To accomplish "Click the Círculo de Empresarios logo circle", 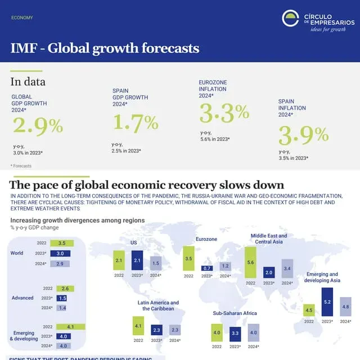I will pyautogui.click(x=290, y=19).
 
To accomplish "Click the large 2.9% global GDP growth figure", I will pyautogui.click(x=38, y=125).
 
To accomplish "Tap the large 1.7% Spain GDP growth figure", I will pyautogui.click(x=136, y=121).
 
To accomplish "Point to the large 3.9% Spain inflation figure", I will pyautogui.click(x=304, y=135).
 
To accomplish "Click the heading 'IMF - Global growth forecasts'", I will pyautogui.click(x=105, y=48).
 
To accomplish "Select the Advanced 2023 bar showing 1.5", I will pyautogui.click(x=62, y=298).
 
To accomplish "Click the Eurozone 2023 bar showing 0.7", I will pyautogui.click(x=206, y=268).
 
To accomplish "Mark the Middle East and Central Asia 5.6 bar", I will pyautogui.click(x=251, y=263).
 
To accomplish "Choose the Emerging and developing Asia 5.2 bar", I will pyautogui.click(x=327, y=302).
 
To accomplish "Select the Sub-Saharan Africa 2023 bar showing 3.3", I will pyautogui.click(x=235, y=334).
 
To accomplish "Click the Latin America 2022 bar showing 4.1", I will pyautogui.click(x=138, y=325).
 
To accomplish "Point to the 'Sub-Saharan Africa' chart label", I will pyautogui.click(x=235, y=313).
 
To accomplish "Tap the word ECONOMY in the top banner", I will pyautogui.click(x=22, y=18).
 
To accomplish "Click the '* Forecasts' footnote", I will pyautogui.click(x=21, y=166).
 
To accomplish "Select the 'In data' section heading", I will pyautogui.click(x=28, y=82).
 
